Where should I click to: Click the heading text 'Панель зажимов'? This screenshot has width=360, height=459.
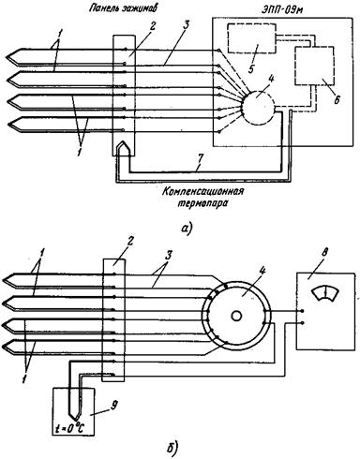click(x=122, y=8)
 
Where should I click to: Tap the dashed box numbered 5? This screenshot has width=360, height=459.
click(x=251, y=37)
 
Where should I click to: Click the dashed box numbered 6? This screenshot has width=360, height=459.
click(x=314, y=66)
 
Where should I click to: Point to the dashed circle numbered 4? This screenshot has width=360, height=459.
click(x=258, y=108)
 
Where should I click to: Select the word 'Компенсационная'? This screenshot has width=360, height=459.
click(x=202, y=191)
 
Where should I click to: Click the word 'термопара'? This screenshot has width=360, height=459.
click(x=202, y=204)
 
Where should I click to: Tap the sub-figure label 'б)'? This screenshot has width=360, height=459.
click(x=172, y=448)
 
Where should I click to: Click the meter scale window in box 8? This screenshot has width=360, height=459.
click(x=325, y=293)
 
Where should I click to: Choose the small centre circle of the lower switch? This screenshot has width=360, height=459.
click(x=236, y=316)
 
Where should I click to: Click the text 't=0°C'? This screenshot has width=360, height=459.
click(x=70, y=428)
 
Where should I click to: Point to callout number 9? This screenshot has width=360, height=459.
click(x=114, y=405)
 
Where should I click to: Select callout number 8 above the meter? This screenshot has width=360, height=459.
click(x=324, y=253)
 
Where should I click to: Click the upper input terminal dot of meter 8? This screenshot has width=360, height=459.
click(x=302, y=311)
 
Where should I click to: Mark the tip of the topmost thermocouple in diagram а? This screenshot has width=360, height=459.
click(x=7, y=57)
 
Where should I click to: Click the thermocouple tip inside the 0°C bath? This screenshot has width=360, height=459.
click(x=74, y=419)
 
